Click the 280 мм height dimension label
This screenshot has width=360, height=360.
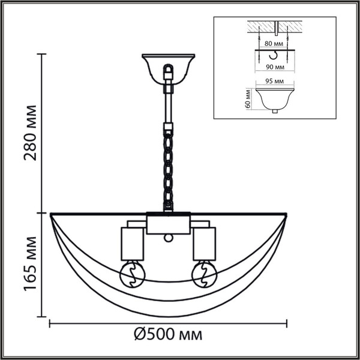29,133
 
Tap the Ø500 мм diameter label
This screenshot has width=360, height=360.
167,334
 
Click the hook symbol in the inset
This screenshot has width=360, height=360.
274,55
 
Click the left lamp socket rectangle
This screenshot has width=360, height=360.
133,243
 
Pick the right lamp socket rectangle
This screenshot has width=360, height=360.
203,243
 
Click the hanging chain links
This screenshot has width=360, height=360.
169,168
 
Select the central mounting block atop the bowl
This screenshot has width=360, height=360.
169,224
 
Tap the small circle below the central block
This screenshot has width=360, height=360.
169,238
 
